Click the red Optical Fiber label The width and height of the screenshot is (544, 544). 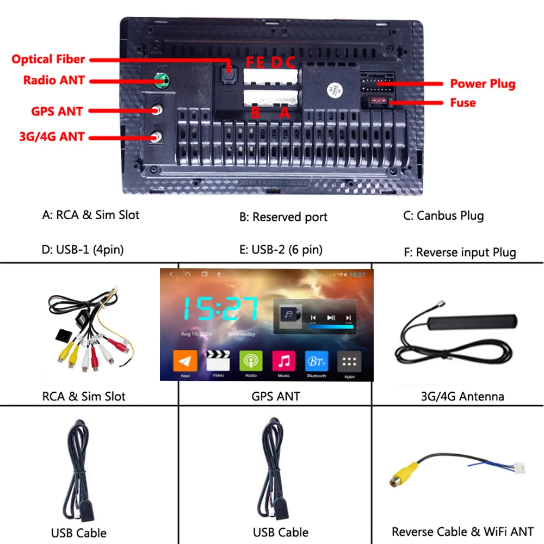coord(48,59)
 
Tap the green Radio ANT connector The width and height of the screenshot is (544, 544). coord(160,82)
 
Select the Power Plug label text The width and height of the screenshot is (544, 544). coord(482,84)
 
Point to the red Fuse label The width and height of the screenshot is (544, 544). coord(462,102)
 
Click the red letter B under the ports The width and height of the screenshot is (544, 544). coord(255,113)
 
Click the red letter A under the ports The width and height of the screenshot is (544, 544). coord(283,113)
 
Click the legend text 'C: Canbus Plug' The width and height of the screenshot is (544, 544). coord(443,215)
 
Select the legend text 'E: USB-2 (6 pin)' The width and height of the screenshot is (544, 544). coord(281,250)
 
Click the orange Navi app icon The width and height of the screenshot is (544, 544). coord(185,361)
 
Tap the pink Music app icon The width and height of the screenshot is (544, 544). coord(284,361)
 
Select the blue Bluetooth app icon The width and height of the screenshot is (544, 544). coord(317,361)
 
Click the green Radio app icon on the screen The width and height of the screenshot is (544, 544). coord(251,361)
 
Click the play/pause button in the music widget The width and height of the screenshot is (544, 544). coord(331,318)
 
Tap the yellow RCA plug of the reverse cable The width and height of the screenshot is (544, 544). coord(403,474)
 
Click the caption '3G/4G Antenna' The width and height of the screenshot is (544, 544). coord(462,396)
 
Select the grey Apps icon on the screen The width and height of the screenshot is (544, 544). coord(349,361)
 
